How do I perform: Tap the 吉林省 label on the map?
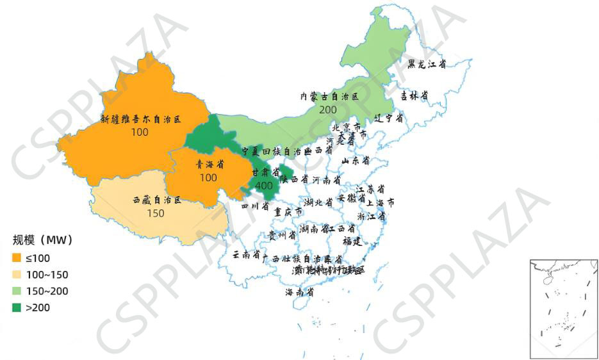[414, 95]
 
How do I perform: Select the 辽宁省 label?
[389, 119]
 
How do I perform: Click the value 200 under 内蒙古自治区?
[328, 110]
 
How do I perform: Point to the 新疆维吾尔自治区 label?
[141, 119]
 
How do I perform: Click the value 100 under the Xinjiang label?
[139, 133]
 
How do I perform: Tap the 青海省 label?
[209, 165]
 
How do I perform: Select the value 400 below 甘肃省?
[263, 185]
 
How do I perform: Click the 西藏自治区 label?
[157, 200]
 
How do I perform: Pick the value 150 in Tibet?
[156, 213]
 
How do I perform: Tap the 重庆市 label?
[288, 211]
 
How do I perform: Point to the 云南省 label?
[246, 255]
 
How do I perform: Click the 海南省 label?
[299, 292]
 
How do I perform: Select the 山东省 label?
[356, 160]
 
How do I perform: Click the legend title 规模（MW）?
[43, 240]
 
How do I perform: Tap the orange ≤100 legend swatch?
[17, 258]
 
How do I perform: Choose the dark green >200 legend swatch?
[17, 307]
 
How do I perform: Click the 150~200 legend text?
[47, 291]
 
